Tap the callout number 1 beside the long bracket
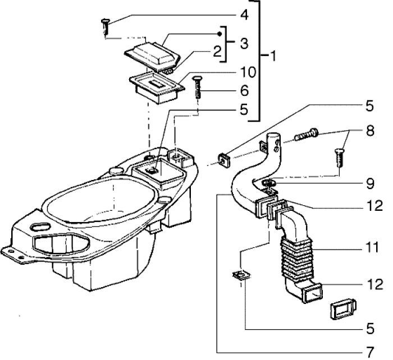(x=272, y=56)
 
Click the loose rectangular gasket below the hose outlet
(x=339, y=309)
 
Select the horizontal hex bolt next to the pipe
(x=304, y=135)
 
